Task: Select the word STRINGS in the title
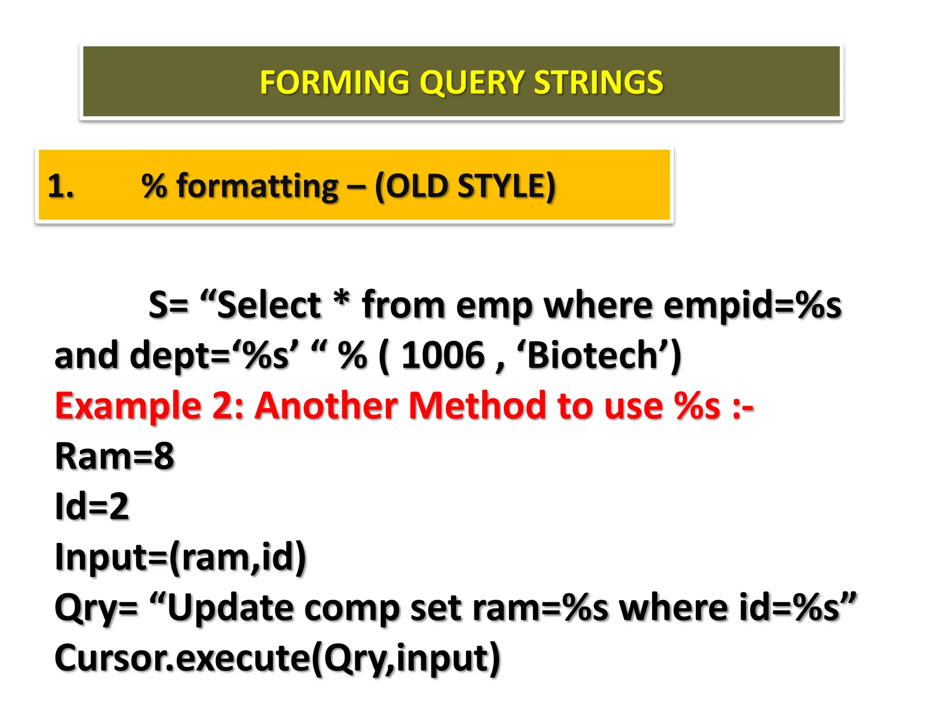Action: (x=598, y=83)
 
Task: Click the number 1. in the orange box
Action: (x=60, y=186)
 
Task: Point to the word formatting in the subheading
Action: (x=257, y=186)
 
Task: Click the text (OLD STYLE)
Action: (x=465, y=186)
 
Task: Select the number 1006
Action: (x=443, y=355)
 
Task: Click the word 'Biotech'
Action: (x=593, y=355)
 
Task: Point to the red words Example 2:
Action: (x=149, y=406)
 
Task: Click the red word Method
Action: (x=478, y=406)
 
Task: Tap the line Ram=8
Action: (x=114, y=456)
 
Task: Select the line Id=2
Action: (x=92, y=506)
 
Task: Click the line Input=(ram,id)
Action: (x=180, y=557)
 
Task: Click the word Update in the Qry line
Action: (x=230, y=608)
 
